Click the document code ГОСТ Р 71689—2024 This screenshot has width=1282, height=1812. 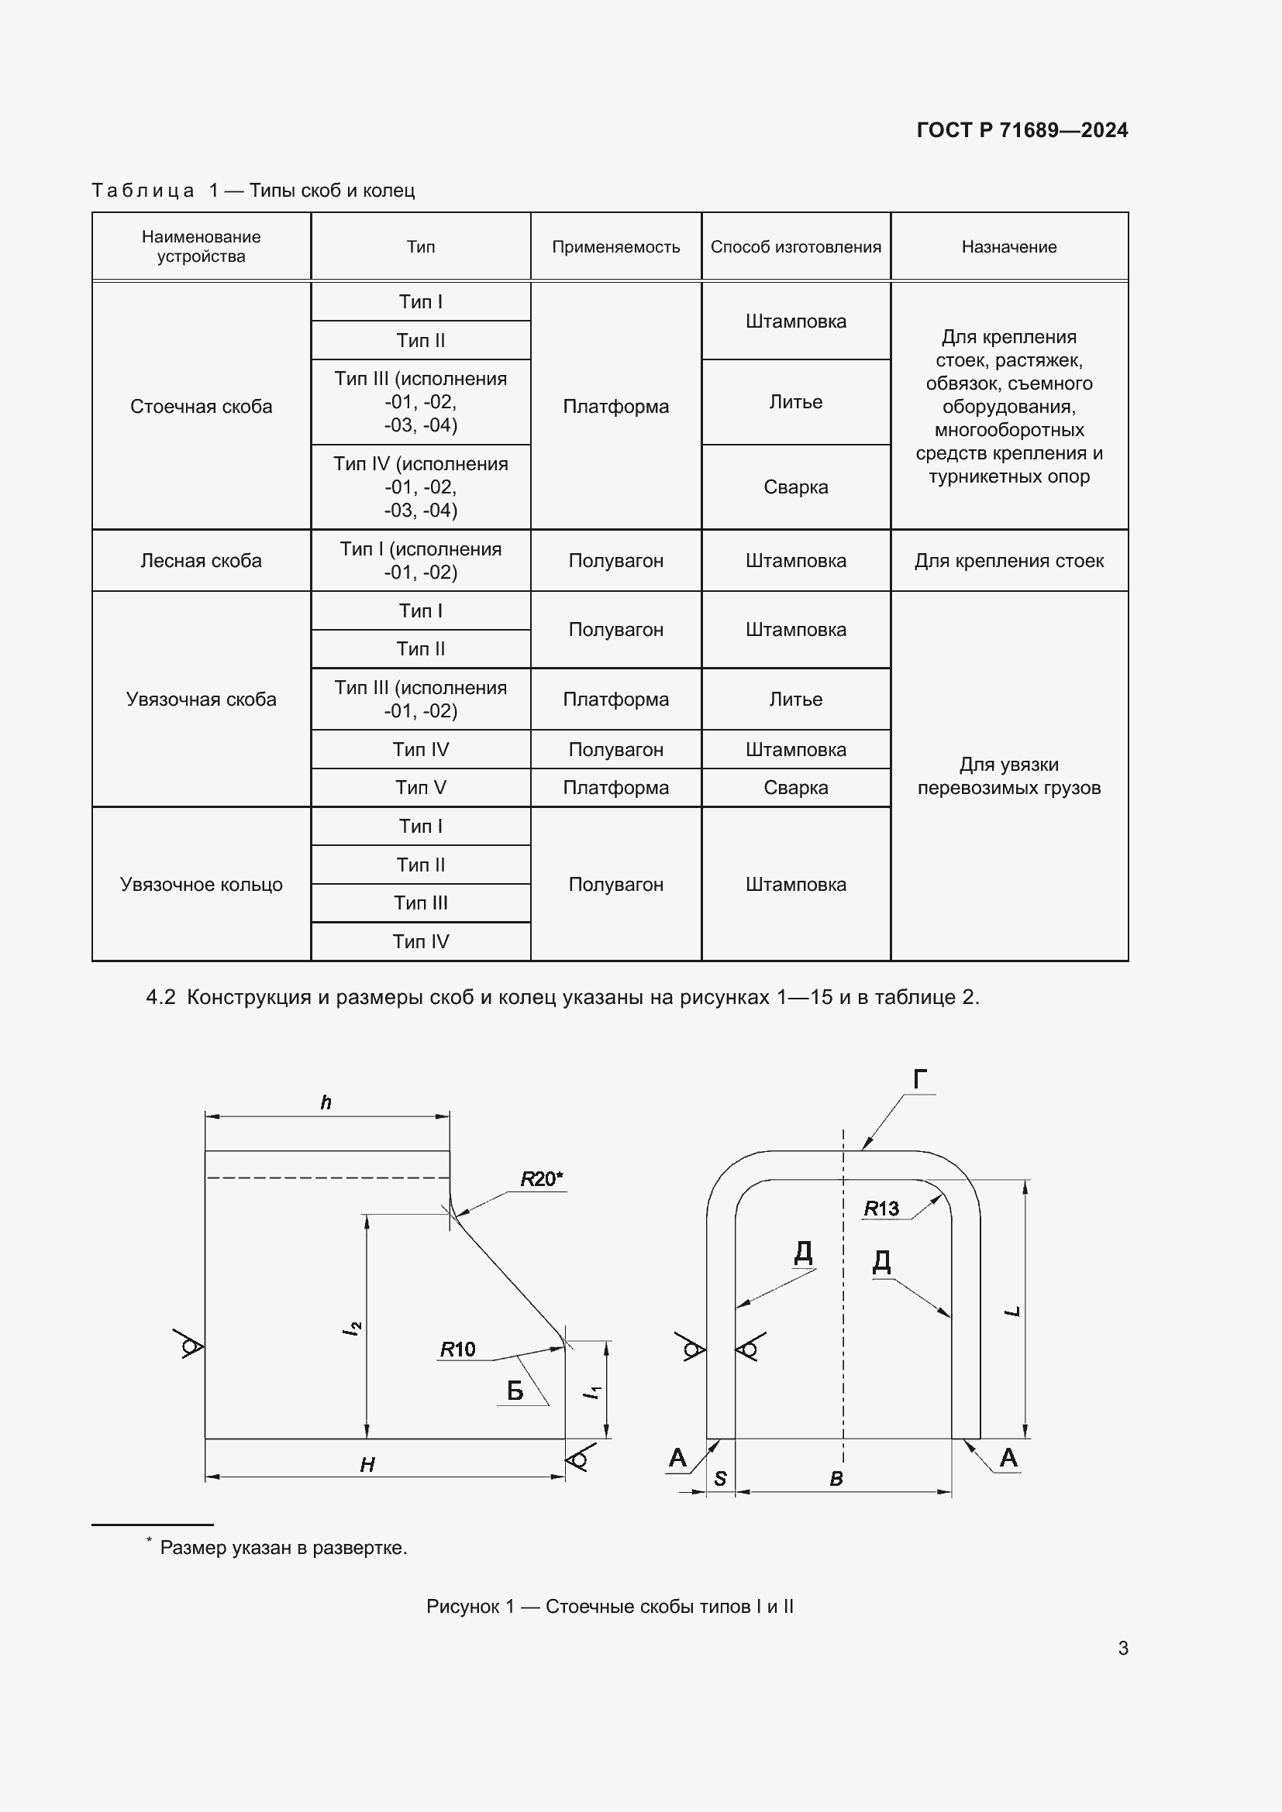(x=1022, y=130)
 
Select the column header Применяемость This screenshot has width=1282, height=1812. (x=615, y=247)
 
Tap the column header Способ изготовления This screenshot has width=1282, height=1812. (x=795, y=247)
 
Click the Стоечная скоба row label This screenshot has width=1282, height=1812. (x=202, y=407)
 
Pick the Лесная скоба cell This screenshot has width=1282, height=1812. (x=202, y=561)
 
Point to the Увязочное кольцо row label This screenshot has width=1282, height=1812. (x=202, y=885)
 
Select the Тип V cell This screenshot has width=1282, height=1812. (x=421, y=788)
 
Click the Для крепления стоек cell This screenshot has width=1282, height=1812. (x=1009, y=561)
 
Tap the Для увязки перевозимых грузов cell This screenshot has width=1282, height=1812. (x=1009, y=775)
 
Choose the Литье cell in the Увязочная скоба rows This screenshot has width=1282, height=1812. (x=795, y=700)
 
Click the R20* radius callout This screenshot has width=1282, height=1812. (x=541, y=1179)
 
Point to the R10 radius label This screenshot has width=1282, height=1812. (x=458, y=1350)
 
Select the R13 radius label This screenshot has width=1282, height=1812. (x=881, y=1209)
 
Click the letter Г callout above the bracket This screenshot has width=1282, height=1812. (x=920, y=1079)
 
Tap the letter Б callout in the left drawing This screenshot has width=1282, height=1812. (x=515, y=1391)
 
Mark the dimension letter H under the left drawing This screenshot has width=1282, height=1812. (x=367, y=1466)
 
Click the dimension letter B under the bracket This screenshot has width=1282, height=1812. (x=836, y=1479)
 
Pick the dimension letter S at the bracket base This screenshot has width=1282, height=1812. (x=720, y=1479)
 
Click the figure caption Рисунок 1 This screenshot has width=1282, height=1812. (x=609, y=1607)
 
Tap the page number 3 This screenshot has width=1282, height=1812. (x=1122, y=1649)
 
